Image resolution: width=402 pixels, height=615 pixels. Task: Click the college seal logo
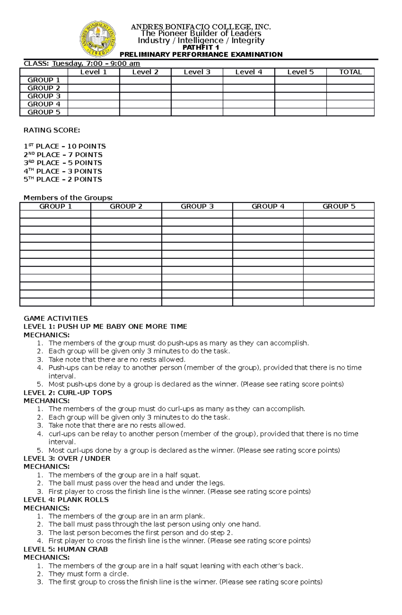[98, 39]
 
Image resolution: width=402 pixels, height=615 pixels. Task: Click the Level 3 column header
[197, 72]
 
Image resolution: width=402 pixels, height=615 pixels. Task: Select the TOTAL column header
[350, 72]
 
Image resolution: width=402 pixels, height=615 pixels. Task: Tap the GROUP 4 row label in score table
[44, 104]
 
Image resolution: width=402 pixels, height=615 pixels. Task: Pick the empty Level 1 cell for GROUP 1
[93, 80]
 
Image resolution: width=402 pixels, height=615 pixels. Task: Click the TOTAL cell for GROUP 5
[350, 112]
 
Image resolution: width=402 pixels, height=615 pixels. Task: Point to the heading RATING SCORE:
[52, 130]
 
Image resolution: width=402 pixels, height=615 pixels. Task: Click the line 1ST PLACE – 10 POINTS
[65, 146]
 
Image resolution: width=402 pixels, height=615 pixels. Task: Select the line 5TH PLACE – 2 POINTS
[63, 179]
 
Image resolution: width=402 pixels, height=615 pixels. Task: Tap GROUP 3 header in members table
[197, 206]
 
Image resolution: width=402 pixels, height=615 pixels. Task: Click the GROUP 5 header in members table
[339, 206]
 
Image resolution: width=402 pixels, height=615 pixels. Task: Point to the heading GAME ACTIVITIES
[56, 318]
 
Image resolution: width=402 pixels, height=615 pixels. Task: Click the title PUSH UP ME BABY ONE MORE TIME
[122, 326]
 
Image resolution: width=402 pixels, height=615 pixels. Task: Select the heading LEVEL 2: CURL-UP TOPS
[68, 392]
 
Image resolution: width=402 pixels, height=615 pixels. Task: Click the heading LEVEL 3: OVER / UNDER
[67, 458]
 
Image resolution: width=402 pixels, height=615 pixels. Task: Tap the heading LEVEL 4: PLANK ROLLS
[66, 500]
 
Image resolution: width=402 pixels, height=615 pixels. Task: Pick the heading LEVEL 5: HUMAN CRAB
[66, 549]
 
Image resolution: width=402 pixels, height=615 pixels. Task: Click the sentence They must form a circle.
[88, 574]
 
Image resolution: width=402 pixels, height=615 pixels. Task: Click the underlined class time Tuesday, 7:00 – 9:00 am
[96, 64]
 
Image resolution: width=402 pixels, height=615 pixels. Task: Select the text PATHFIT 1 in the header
[201, 48]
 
